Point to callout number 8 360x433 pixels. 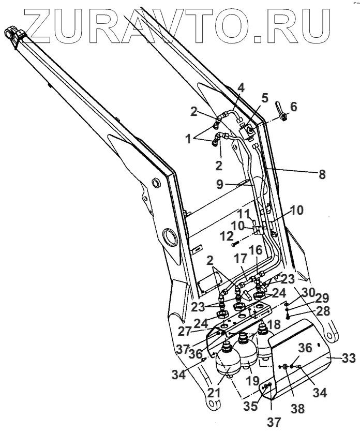click(323, 175)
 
